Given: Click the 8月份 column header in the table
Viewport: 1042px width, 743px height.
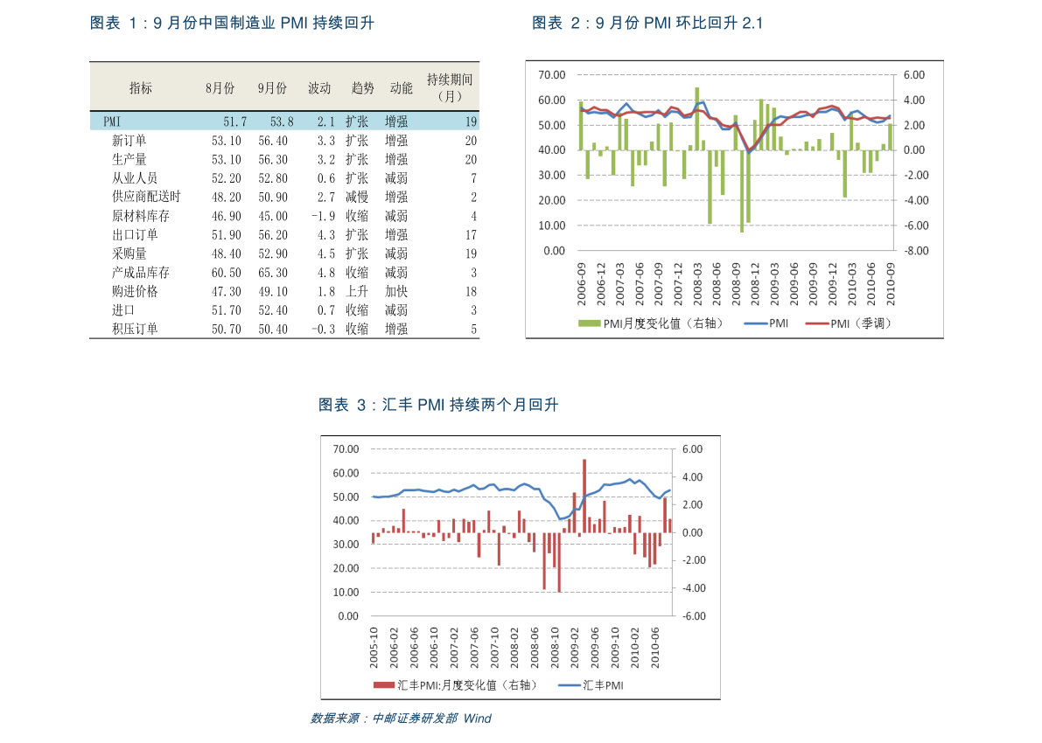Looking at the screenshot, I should [x=220, y=88].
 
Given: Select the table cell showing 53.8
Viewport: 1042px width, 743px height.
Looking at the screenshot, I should [x=282, y=122].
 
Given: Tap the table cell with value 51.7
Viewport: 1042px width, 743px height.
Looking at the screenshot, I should [x=234, y=122].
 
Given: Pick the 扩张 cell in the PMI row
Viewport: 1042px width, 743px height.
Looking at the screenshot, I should [x=357, y=122].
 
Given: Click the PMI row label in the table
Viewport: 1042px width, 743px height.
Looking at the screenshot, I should [x=112, y=122].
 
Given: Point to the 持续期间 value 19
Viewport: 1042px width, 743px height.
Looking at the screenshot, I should [x=471, y=122].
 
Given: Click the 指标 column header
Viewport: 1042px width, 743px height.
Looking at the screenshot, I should [x=141, y=88].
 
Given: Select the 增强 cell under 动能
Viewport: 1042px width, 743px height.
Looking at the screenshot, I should [x=396, y=122].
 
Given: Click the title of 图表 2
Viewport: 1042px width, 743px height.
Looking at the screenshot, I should [x=647, y=24].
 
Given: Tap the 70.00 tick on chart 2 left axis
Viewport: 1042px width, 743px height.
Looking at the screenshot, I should [x=553, y=75].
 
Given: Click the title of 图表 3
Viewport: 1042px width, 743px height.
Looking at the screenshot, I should [x=438, y=405].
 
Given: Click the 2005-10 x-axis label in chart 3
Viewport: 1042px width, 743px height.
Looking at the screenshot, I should [x=374, y=646].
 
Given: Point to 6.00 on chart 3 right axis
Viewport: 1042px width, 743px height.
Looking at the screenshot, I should [x=693, y=449].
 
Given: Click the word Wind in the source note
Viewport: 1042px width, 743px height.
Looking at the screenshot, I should [x=478, y=719].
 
